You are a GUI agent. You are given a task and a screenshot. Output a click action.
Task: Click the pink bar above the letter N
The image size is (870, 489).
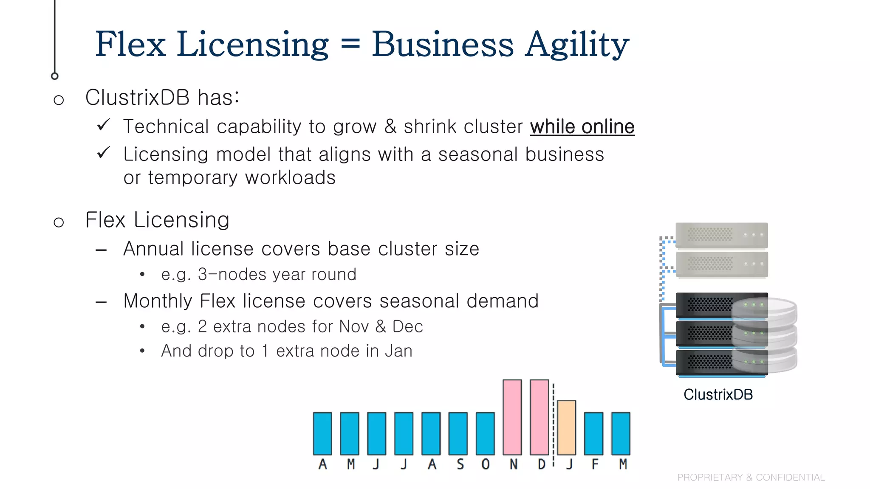tap(512, 417)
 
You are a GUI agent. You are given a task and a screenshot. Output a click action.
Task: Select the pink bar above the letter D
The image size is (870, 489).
tap(540, 417)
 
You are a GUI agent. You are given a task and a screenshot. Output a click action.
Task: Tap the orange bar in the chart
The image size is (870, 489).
tap(567, 427)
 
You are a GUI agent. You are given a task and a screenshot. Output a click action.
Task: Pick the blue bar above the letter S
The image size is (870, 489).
tap(458, 433)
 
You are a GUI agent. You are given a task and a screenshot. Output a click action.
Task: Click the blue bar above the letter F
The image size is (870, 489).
tap(594, 433)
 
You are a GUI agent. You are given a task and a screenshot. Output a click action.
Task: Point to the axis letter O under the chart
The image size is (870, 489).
tap(486, 464)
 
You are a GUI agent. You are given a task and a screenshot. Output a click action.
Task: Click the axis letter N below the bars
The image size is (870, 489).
tap(514, 464)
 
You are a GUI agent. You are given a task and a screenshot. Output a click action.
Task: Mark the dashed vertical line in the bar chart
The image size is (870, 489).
tap(554, 424)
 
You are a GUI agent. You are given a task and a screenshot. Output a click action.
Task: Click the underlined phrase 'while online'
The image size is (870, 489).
tap(582, 127)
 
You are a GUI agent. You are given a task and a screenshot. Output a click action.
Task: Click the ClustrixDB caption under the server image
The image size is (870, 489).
tap(718, 395)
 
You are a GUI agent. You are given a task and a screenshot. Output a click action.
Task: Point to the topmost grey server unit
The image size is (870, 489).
tap(721, 235)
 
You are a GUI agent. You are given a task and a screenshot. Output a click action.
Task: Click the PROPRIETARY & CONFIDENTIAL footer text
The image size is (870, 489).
tap(751, 478)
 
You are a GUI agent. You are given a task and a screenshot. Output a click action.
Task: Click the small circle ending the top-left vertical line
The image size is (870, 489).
tap(55, 76)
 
